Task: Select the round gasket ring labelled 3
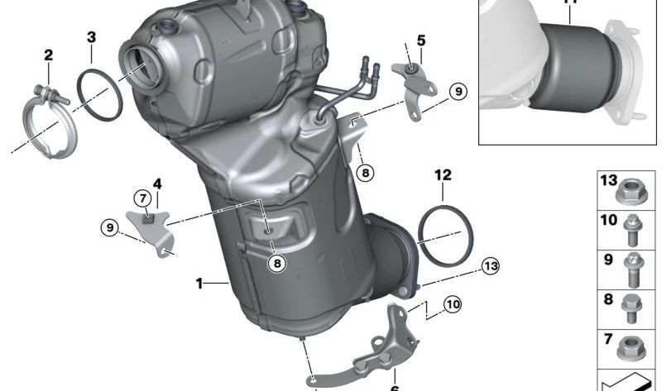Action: pyautogui.click(x=100, y=94)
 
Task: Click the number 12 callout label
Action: pyautogui.click(x=443, y=174)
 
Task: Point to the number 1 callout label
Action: pyautogui.click(x=199, y=284)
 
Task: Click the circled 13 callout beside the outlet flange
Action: pyautogui.click(x=491, y=265)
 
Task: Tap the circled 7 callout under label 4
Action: pyautogui.click(x=142, y=198)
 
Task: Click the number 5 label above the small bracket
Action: pyautogui.click(x=421, y=40)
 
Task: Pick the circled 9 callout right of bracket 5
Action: pyautogui.click(x=458, y=91)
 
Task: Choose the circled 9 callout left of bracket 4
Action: pyautogui.click(x=109, y=226)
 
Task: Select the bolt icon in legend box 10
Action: pyautogui.click(x=632, y=231)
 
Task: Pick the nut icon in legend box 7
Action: pyautogui.click(x=632, y=347)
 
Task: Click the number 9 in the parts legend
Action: pyautogui.click(x=608, y=259)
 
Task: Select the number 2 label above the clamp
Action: pyautogui.click(x=48, y=55)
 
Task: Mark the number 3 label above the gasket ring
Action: pyautogui.click(x=91, y=36)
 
